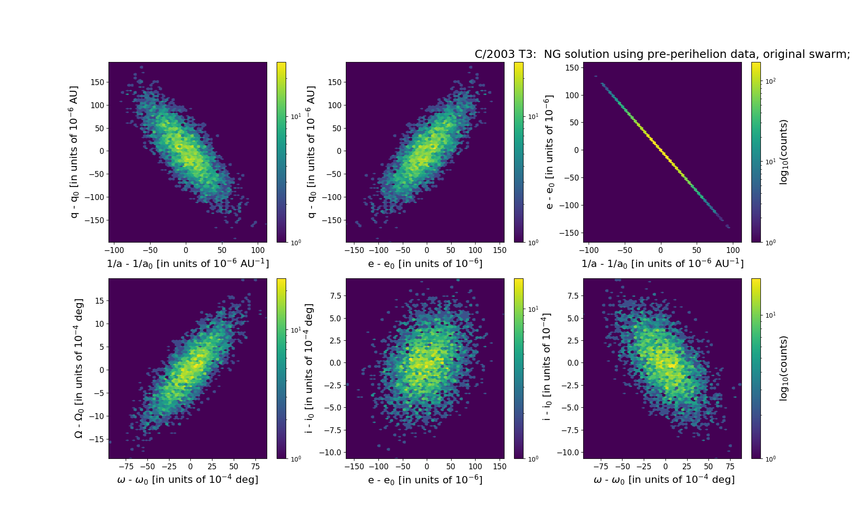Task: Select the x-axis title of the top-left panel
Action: pos(188,263)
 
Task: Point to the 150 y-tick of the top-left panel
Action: pos(97,82)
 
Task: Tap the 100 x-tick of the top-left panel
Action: pos(258,250)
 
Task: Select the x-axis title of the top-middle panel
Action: pos(425,263)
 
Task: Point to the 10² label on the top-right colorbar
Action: pos(770,81)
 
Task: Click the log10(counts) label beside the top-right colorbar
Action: pos(783,152)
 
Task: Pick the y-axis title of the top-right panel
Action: pos(549,152)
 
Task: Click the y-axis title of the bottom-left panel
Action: pos(79,368)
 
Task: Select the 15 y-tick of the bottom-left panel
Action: pos(99,301)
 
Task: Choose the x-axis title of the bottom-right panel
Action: pos(664,480)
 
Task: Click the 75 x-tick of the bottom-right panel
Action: pos(730,467)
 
